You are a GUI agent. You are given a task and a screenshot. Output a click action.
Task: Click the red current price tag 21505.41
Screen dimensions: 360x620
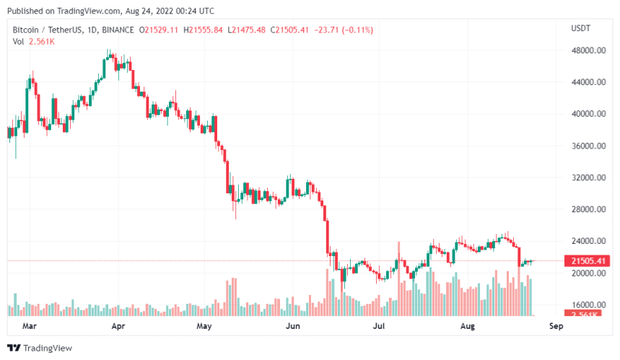(589, 261)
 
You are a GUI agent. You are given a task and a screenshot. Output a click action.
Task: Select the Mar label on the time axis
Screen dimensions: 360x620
(30, 325)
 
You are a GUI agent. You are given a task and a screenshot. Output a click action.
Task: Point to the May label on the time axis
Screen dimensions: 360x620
(205, 325)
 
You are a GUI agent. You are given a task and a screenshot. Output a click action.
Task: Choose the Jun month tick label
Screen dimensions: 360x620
(293, 325)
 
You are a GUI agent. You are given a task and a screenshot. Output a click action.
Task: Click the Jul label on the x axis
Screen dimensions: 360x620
(379, 325)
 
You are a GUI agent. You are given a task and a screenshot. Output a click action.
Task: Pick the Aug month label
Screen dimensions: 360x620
(468, 325)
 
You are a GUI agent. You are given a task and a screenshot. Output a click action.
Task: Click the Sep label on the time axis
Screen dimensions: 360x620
(555, 325)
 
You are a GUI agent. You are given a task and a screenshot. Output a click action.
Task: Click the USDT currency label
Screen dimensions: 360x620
(581, 28)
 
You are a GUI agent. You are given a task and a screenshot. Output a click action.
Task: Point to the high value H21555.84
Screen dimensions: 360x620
(204, 30)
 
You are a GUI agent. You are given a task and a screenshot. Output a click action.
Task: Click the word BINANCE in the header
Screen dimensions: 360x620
(118, 30)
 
